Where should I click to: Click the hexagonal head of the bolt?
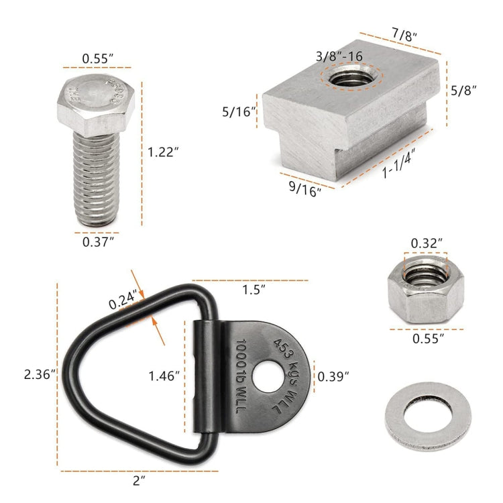pyautogui.click(x=97, y=101)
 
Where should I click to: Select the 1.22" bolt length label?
pyautogui.click(x=166, y=152)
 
